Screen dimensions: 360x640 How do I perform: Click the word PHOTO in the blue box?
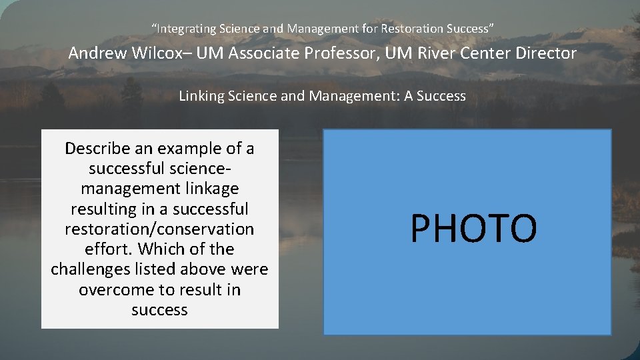click(473, 229)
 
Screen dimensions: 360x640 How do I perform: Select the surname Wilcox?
click(158, 53)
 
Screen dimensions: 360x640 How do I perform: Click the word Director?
click(544, 53)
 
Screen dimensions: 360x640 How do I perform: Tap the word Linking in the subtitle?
click(201, 96)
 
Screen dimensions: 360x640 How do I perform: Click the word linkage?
click(206, 189)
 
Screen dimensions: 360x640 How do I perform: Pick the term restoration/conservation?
click(159, 229)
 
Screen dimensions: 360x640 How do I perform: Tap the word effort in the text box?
click(105, 249)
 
